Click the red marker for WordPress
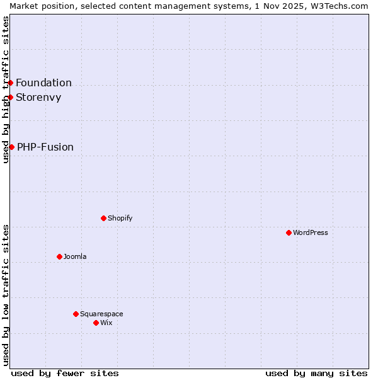pos(289,232)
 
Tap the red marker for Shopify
pos(103,218)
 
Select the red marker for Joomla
pos(59,256)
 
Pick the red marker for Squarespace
pos(76,314)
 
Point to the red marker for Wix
pos(96,323)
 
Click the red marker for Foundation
pos(10,83)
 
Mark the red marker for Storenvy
pos(10,97)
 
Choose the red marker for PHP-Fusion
pos(11,147)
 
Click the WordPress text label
pos(311,232)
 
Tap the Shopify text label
pos(120,218)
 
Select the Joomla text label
pos(75,256)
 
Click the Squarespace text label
pos(101,314)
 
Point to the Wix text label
pos(106,323)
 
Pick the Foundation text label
pos(43,83)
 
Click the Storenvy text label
pos(38,97)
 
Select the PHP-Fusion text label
pos(45,147)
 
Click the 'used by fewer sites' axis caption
pos(65,373)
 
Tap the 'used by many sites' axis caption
pos(316,373)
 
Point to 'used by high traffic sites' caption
pos(6,89)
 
